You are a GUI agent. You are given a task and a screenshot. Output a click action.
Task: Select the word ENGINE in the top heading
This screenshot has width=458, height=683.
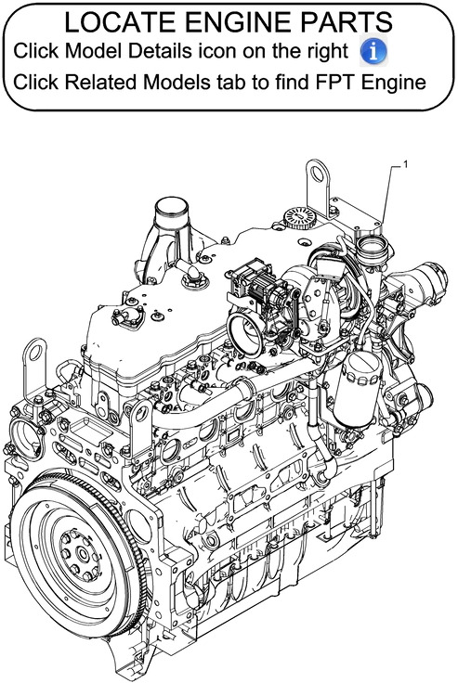[231, 21]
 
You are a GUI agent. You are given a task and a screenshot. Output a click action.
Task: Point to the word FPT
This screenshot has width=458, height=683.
[327, 83]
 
